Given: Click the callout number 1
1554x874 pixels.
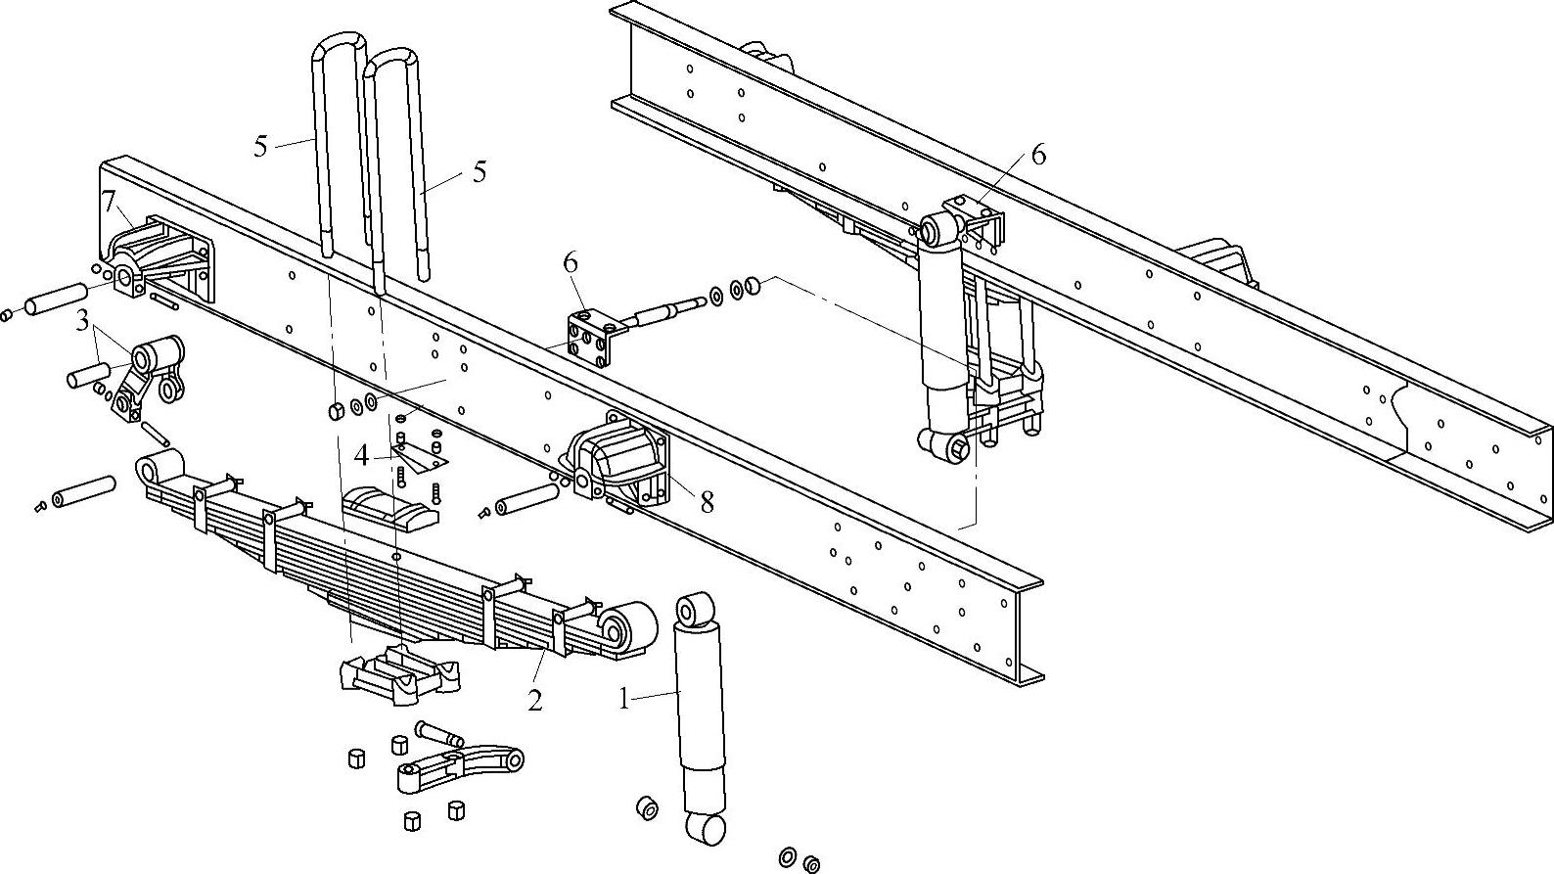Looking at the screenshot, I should click(623, 699).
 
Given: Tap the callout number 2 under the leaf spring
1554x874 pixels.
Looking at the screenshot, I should click(534, 701).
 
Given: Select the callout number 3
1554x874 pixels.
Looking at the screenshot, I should click(84, 320).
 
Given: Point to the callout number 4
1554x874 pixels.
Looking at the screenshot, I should click(362, 456).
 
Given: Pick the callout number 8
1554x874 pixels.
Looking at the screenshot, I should click(707, 501).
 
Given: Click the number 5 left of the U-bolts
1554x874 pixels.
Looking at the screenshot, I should click(260, 147).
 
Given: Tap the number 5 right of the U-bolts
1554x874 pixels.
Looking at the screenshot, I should click(479, 171).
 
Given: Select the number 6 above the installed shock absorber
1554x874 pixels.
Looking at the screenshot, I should click(1037, 155).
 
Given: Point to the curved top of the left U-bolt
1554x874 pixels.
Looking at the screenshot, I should click(339, 47).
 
